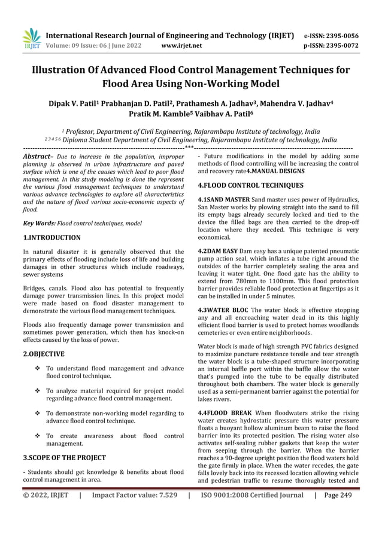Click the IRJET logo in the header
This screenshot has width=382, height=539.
pos(31,38)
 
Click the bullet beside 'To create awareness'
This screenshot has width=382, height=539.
pos(38,437)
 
